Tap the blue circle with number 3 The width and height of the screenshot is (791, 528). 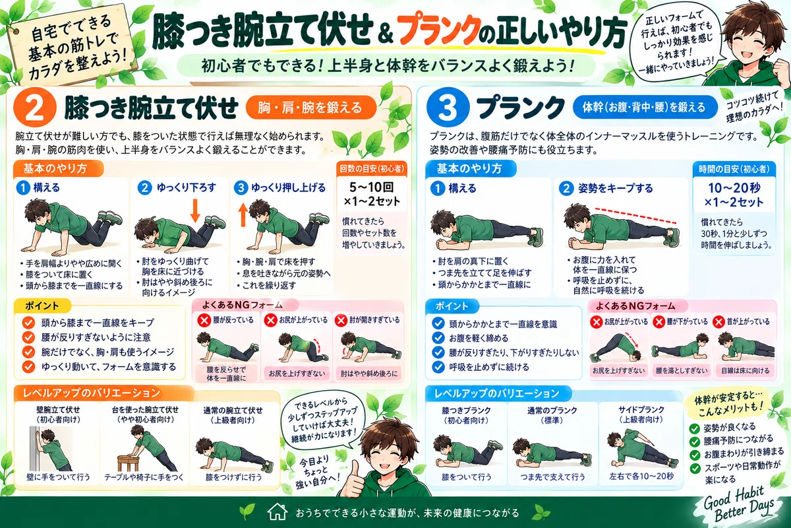click(x=448, y=108)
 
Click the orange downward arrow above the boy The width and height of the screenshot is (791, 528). click(x=195, y=211)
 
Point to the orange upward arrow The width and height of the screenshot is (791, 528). click(x=243, y=214)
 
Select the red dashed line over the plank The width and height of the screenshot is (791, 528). click(x=635, y=215)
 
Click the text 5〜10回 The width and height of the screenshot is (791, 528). click(x=372, y=187)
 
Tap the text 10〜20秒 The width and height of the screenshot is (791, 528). click(x=734, y=188)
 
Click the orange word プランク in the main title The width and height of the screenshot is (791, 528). click(x=440, y=31)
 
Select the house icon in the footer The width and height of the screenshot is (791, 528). click(x=278, y=512)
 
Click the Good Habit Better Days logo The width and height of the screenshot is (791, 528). click(x=739, y=504)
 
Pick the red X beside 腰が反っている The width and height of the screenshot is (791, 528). click(x=204, y=320)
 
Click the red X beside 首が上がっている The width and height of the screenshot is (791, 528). click(x=718, y=322)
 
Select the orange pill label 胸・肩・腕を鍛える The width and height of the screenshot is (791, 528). click(x=310, y=107)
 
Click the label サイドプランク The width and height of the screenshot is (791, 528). click(x=641, y=410)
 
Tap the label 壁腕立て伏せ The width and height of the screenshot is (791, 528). click(x=58, y=410)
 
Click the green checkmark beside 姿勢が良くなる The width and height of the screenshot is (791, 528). click(x=695, y=428)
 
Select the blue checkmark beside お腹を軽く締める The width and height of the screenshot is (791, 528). click(x=438, y=338)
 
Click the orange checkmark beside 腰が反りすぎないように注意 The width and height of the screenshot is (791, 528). click(x=28, y=337)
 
